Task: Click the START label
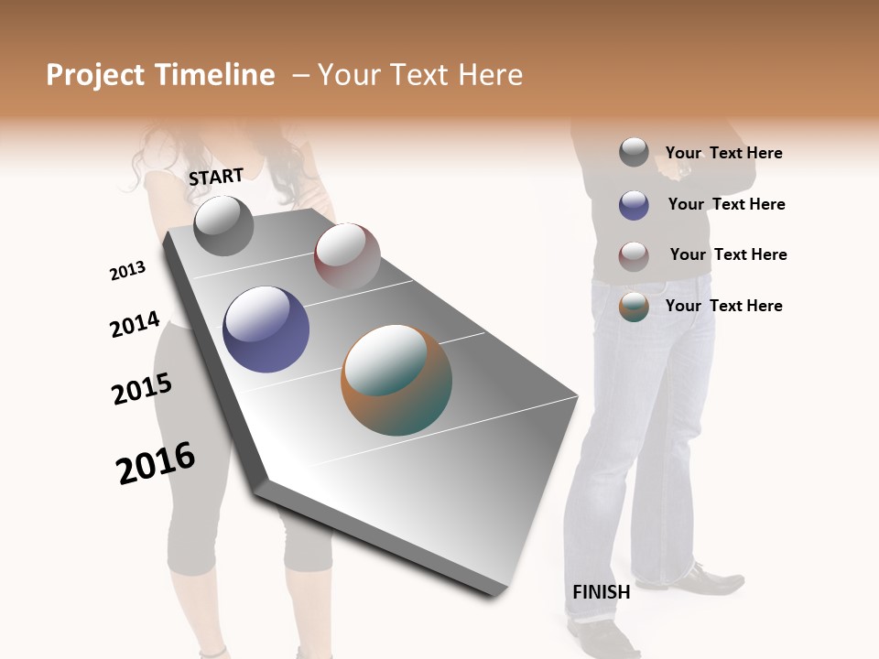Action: click(x=216, y=177)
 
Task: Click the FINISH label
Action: click(x=601, y=592)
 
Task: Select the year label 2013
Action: click(x=127, y=271)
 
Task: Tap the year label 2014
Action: click(x=135, y=325)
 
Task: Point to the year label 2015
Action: click(x=142, y=389)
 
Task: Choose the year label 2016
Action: click(x=156, y=463)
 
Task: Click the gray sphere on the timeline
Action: click(x=223, y=226)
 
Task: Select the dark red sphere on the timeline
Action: click(x=347, y=255)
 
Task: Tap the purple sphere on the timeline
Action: click(x=266, y=329)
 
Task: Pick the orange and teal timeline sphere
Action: click(x=396, y=380)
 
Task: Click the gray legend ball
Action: click(x=634, y=153)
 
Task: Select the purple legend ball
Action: click(x=634, y=205)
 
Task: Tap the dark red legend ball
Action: click(x=634, y=255)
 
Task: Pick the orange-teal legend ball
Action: click(x=634, y=307)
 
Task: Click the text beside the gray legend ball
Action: click(x=723, y=154)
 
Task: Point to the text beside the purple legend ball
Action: click(x=726, y=205)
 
